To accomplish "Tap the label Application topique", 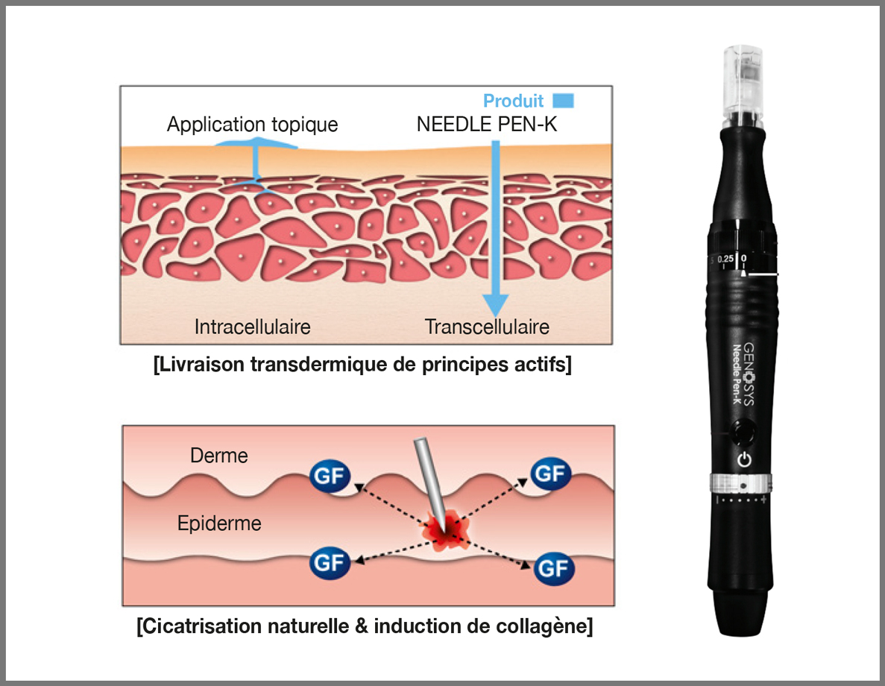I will pyautogui.click(x=252, y=125).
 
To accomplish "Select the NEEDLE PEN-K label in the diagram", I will pyautogui.click(x=487, y=125).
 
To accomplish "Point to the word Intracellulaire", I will pyautogui.click(x=252, y=327).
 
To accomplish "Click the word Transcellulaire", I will pyautogui.click(x=487, y=327).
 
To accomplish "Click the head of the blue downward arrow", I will pyautogui.click(x=493, y=306).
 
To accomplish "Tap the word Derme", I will pyautogui.click(x=218, y=456).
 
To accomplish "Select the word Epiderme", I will pyautogui.click(x=219, y=523).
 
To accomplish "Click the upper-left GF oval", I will pyautogui.click(x=328, y=474).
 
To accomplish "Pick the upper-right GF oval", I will pyautogui.click(x=549, y=473).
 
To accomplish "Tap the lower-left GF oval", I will pyautogui.click(x=328, y=561).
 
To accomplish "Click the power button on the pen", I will pyautogui.click(x=743, y=460).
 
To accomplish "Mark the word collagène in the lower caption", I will pyautogui.click(x=548, y=626).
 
